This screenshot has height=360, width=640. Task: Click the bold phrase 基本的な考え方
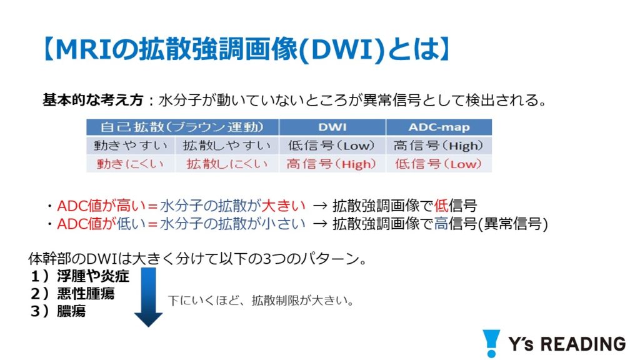pyautogui.click(x=93, y=100)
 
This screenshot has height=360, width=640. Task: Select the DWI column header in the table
pyautogui.click(x=332, y=127)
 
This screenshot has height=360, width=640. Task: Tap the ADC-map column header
pyautogui.click(x=439, y=127)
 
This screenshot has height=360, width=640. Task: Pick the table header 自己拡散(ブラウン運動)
pyautogui.click(x=182, y=127)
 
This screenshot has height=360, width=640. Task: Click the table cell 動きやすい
pyautogui.click(x=131, y=145)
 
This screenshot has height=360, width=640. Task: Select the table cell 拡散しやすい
pyautogui.click(x=227, y=145)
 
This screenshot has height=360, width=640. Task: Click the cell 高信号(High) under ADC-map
pyautogui.click(x=438, y=145)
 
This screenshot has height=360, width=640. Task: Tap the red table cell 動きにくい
pyautogui.click(x=130, y=164)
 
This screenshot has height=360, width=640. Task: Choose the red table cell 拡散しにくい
pyautogui.click(x=227, y=164)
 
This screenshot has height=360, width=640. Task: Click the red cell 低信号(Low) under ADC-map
pyautogui.click(x=438, y=164)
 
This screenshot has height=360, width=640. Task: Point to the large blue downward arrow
pyautogui.click(x=148, y=297)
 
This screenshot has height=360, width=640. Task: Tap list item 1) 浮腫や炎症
pyautogui.click(x=80, y=276)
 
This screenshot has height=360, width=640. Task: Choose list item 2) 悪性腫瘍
pyautogui.click(x=72, y=294)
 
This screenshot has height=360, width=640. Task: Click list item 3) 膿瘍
pyautogui.click(x=58, y=311)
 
